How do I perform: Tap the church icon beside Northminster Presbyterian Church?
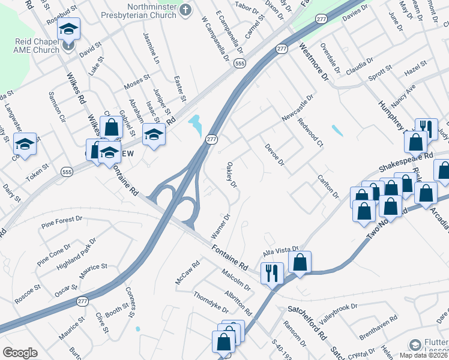[x=185, y=10]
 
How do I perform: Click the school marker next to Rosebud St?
[x=69, y=29]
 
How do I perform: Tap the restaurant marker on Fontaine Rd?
[x=272, y=273]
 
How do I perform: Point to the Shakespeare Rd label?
[x=405, y=160]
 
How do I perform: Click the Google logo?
[x=20, y=353]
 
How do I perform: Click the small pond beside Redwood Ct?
[x=337, y=130]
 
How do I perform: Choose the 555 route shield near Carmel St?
[x=240, y=63]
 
